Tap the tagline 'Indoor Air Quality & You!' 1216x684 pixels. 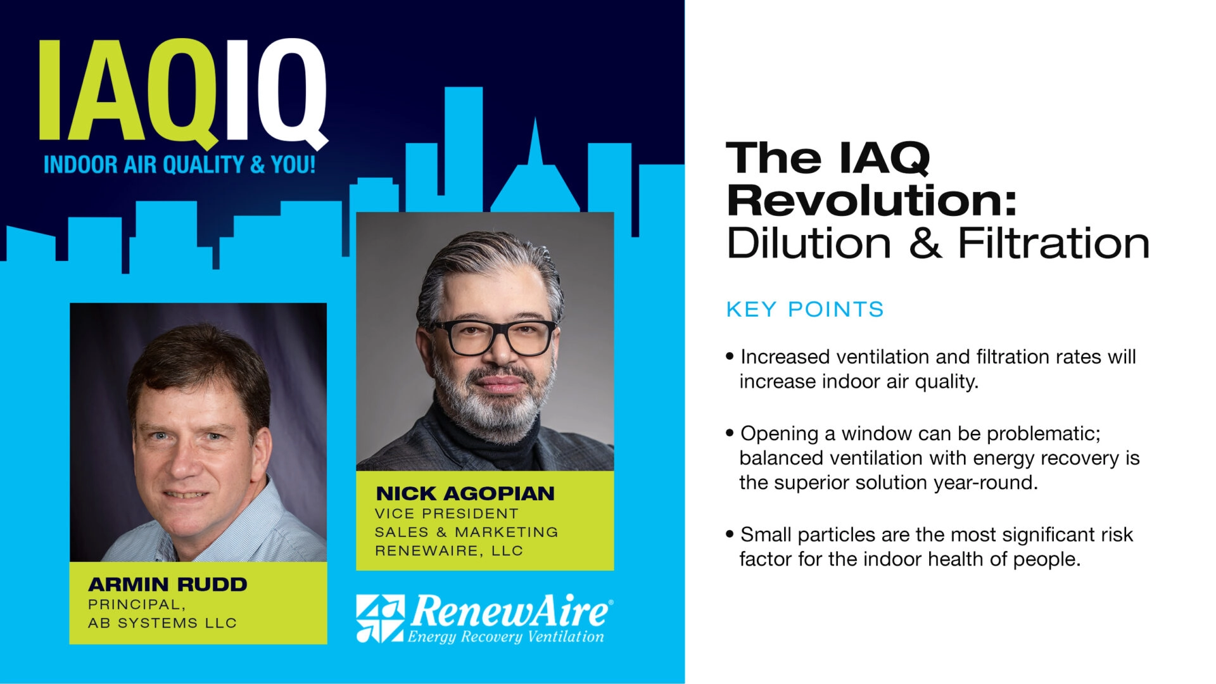point(179,165)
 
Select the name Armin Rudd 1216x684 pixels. point(167,584)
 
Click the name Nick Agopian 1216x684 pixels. point(465,493)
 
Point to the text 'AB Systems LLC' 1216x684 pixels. point(162,623)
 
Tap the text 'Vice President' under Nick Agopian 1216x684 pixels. point(446,514)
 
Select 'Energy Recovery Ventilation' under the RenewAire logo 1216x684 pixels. point(505,636)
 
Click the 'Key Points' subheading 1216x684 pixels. point(804,310)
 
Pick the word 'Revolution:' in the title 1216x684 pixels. point(871,201)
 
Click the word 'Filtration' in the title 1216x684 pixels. point(1053,244)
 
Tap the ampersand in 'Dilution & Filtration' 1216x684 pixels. point(925,244)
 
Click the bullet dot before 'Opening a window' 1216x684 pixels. point(730,433)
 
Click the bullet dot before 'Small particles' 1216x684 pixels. point(730,535)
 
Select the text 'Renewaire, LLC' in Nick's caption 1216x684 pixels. point(449,551)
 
